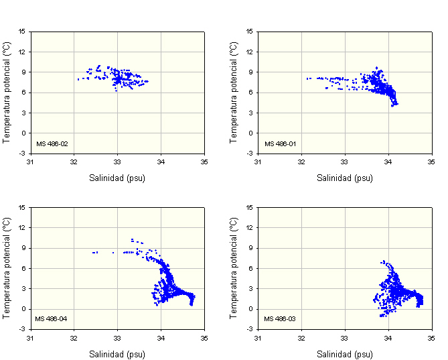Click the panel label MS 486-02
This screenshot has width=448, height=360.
pos(52,143)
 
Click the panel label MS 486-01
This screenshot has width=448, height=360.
pos(279,143)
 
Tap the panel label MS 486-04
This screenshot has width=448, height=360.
pos(52,318)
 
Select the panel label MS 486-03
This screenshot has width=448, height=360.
pos(279,318)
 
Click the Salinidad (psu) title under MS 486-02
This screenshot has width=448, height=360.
pos(117,178)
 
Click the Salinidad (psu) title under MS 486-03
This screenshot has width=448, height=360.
pos(345,354)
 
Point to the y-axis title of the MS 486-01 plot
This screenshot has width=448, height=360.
pos(234,92)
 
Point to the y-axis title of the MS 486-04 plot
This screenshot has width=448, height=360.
pos(7,267)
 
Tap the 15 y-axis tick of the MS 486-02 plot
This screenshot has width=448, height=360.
pos(22,32)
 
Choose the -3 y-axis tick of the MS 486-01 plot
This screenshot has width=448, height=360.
pos(250,154)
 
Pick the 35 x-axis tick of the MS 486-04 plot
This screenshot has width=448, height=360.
pos(204,337)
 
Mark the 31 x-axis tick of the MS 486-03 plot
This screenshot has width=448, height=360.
pos(258,337)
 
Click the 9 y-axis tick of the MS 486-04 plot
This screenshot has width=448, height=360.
pos(23,248)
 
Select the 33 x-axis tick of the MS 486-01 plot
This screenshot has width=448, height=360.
pos(344,162)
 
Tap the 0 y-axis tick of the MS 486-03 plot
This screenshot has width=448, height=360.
pos(251,309)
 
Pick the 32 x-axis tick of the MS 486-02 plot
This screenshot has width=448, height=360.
pos(74,162)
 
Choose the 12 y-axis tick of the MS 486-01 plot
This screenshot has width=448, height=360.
pos(250,52)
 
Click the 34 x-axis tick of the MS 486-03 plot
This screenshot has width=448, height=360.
pos(388,337)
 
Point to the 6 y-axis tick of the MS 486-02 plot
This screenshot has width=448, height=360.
pos(23,93)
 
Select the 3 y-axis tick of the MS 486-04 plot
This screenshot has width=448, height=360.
pos(23,289)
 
